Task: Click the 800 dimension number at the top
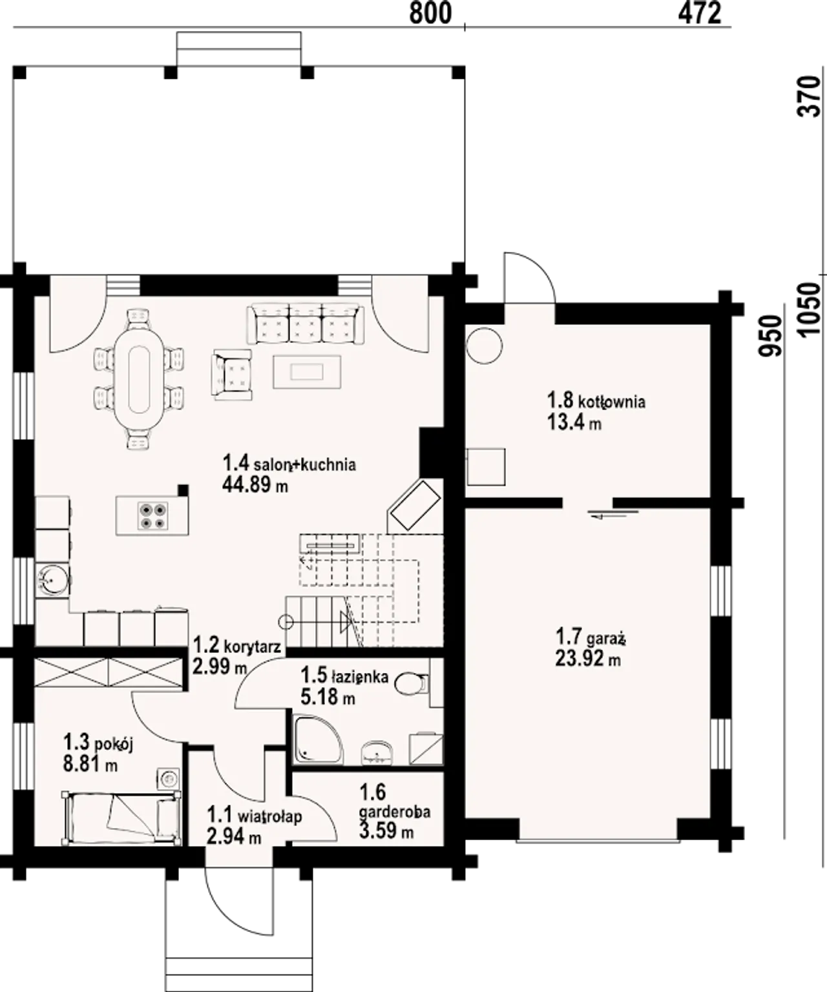coord(430,14)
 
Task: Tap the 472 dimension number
coord(700,14)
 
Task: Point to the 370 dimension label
coord(810,96)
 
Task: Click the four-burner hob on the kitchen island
coord(152,516)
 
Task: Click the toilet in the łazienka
coord(411,684)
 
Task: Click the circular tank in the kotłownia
coord(485,346)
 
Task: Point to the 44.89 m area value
coord(255,484)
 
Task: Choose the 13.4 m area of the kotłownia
coord(574,422)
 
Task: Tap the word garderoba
coord(395,812)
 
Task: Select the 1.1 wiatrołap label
coord(255,816)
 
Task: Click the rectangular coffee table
coord(307,371)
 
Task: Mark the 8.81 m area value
coord(90,765)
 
